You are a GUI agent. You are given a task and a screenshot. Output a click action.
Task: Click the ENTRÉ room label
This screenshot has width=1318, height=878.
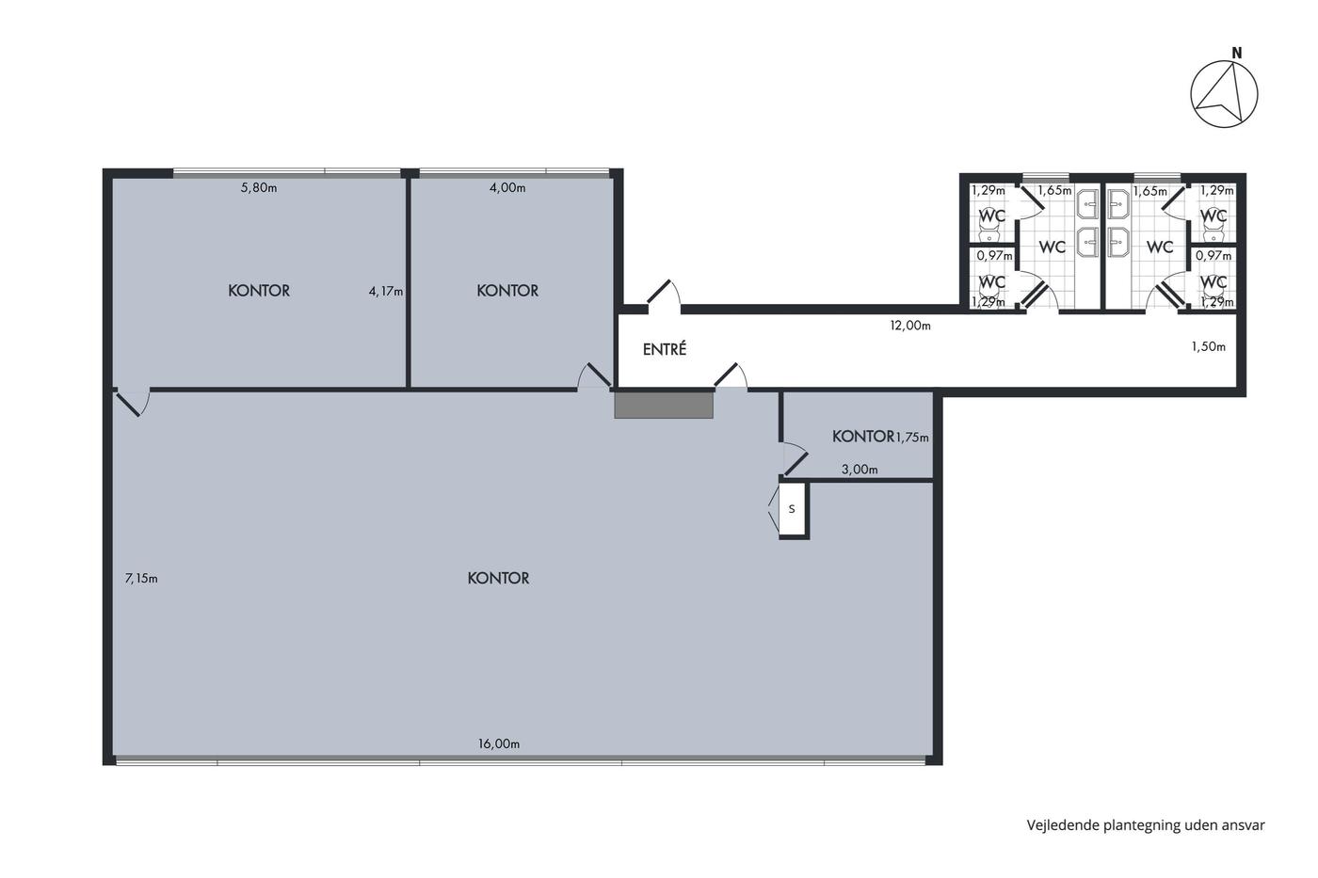tap(665, 349)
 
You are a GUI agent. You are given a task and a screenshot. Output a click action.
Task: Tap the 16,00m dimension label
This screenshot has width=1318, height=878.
tap(498, 744)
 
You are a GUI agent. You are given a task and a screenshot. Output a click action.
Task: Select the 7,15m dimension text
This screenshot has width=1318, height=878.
tap(141, 579)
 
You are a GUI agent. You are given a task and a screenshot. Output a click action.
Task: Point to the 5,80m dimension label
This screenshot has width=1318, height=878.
tap(259, 188)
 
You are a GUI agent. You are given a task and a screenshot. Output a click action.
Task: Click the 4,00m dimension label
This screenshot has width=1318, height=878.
tap(507, 188)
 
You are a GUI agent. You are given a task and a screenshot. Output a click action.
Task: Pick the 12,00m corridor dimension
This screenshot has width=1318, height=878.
tap(910, 326)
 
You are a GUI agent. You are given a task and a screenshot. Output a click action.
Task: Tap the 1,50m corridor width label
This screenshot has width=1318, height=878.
tap(1209, 347)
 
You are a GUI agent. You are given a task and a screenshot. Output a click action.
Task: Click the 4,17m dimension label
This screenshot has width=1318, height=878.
tap(386, 292)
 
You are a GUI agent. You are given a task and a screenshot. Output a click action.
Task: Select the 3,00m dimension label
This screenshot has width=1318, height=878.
tap(860, 470)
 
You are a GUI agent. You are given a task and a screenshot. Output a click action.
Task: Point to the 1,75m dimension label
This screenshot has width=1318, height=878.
tap(911, 438)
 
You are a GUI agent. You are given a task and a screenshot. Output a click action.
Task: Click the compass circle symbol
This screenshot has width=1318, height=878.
tap(1191, 94)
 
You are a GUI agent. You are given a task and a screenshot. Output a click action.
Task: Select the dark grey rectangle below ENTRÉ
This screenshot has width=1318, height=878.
tap(664, 406)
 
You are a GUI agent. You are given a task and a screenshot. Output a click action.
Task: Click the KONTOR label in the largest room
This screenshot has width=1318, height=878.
tap(498, 579)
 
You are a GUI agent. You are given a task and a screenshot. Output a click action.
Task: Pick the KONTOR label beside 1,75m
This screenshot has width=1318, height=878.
tap(862, 437)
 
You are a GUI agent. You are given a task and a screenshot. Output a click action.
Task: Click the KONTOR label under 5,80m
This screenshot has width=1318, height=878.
tap(259, 291)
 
